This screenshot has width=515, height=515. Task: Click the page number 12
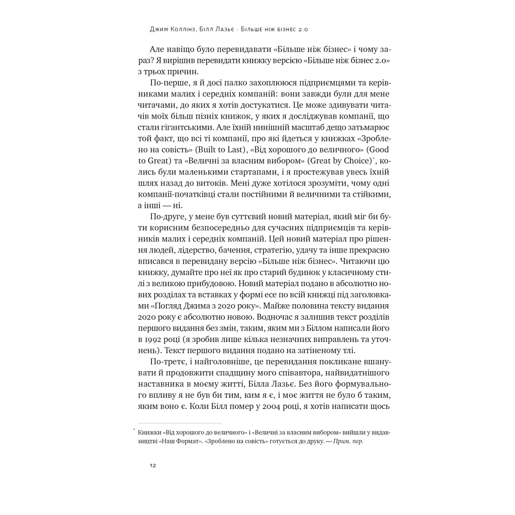[x=153, y=465]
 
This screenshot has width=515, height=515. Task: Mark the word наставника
[x=159, y=384]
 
